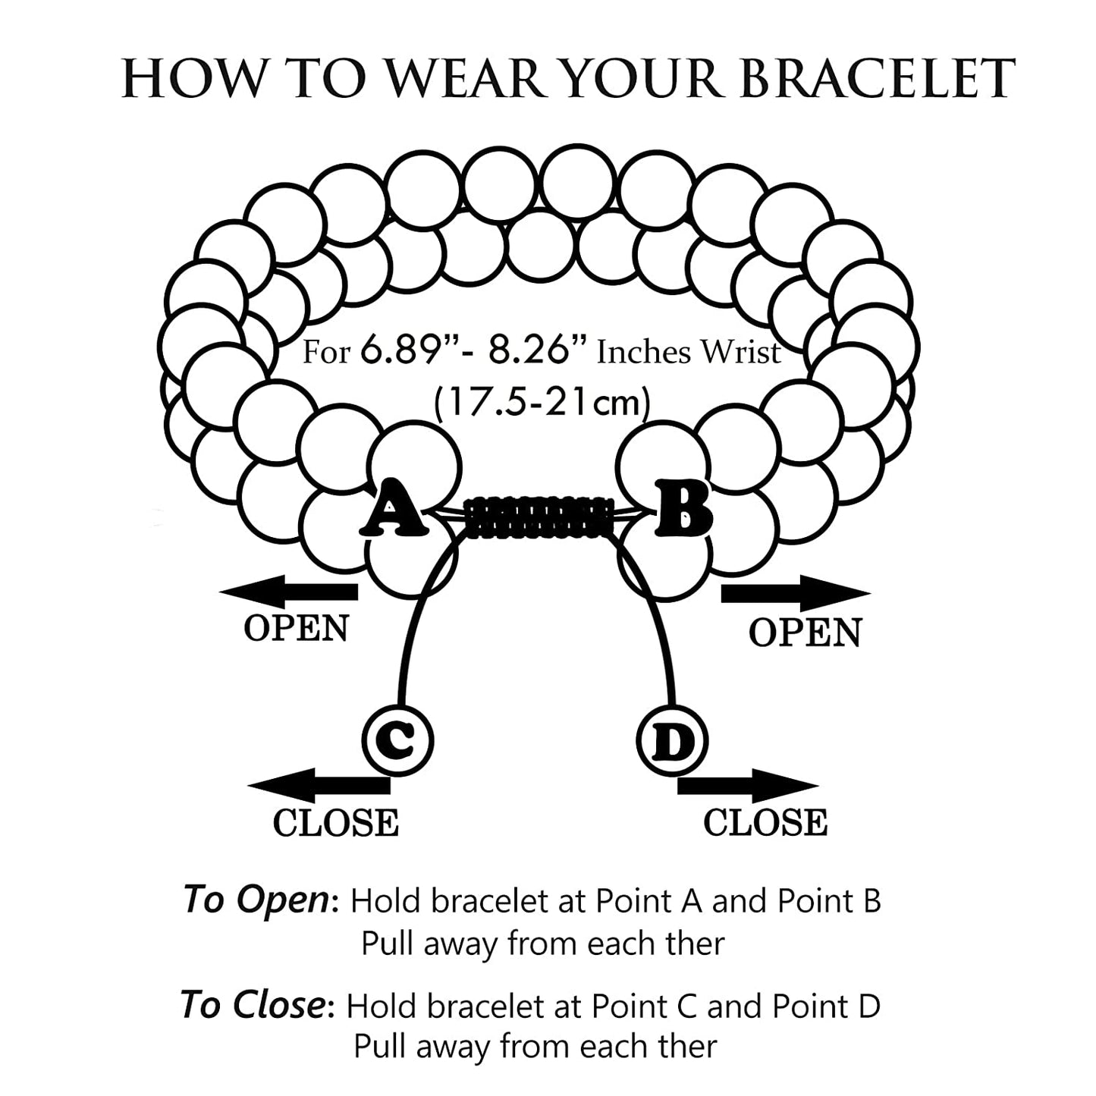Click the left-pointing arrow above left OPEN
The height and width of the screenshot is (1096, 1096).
[x=287, y=592]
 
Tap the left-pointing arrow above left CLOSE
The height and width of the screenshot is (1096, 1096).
[x=319, y=786]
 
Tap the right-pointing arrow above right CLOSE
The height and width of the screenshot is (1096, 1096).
[x=747, y=786]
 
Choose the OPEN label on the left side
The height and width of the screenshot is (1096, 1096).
[x=296, y=628]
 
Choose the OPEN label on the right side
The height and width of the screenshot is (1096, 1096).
[x=806, y=633]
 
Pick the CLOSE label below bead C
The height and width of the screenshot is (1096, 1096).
[x=335, y=823]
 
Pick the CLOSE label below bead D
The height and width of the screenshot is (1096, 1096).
[x=765, y=823]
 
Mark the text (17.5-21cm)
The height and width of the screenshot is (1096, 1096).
[x=542, y=401]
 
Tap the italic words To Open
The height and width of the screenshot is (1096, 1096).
[x=256, y=900]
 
